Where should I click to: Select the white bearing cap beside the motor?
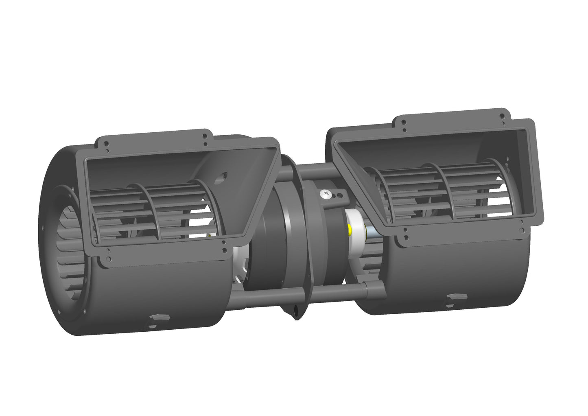click(355, 222)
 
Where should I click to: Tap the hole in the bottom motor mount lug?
click(296, 313)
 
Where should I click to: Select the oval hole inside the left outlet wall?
click(223, 176)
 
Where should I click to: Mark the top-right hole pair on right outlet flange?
click(503, 117)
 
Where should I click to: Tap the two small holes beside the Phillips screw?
click(336, 196)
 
